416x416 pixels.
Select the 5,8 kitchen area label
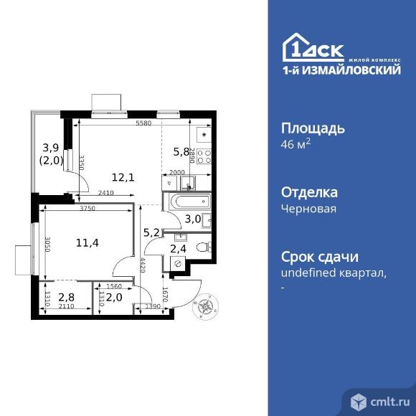(181, 151)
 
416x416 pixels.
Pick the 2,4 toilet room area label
(177, 249)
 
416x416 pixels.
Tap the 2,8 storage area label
(66, 297)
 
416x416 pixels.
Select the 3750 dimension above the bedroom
(88, 209)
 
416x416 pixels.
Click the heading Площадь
(312, 129)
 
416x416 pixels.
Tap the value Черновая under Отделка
(308, 209)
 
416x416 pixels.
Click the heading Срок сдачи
(318, 257)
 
